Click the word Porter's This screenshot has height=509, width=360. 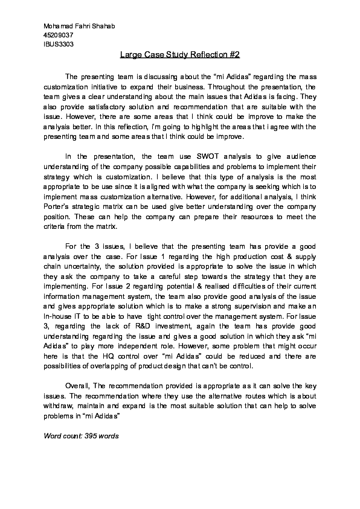click(x=58, y=207)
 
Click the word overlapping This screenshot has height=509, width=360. click(x=111, y=366)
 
